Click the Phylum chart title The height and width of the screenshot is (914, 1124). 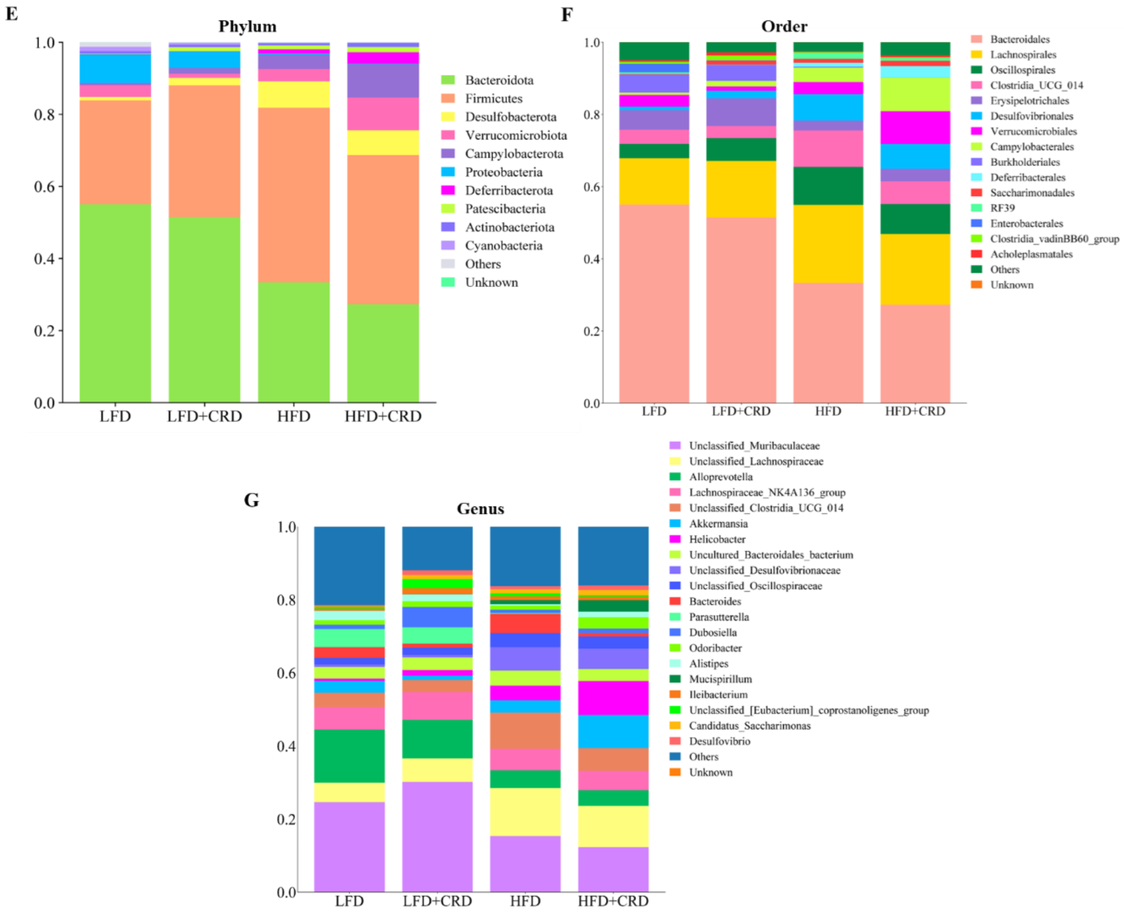[247, 26]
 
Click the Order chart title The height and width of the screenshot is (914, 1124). [784, 26]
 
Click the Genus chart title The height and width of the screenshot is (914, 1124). [480, 509]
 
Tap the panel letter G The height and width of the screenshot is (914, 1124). [252, 500]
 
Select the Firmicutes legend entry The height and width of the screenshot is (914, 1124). [493, 99]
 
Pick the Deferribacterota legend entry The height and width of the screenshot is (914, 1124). [508, 191]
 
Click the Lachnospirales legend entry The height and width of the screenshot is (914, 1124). [1023, 55]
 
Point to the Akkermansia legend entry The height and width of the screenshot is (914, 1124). [718, 524]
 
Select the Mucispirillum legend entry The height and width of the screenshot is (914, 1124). [720, 679]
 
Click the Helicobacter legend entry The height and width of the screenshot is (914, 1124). [717, 539]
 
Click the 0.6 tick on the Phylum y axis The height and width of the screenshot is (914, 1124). [45, 186]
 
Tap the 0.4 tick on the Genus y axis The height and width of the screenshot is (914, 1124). [286, 746]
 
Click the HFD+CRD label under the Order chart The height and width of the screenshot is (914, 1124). [915, 411]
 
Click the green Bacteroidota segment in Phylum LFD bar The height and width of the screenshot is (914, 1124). [115, 303]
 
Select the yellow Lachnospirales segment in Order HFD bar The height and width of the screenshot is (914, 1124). [828, 243]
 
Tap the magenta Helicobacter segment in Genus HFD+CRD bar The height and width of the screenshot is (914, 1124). [612, 698]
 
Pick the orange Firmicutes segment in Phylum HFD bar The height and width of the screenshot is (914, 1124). [293, 195]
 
